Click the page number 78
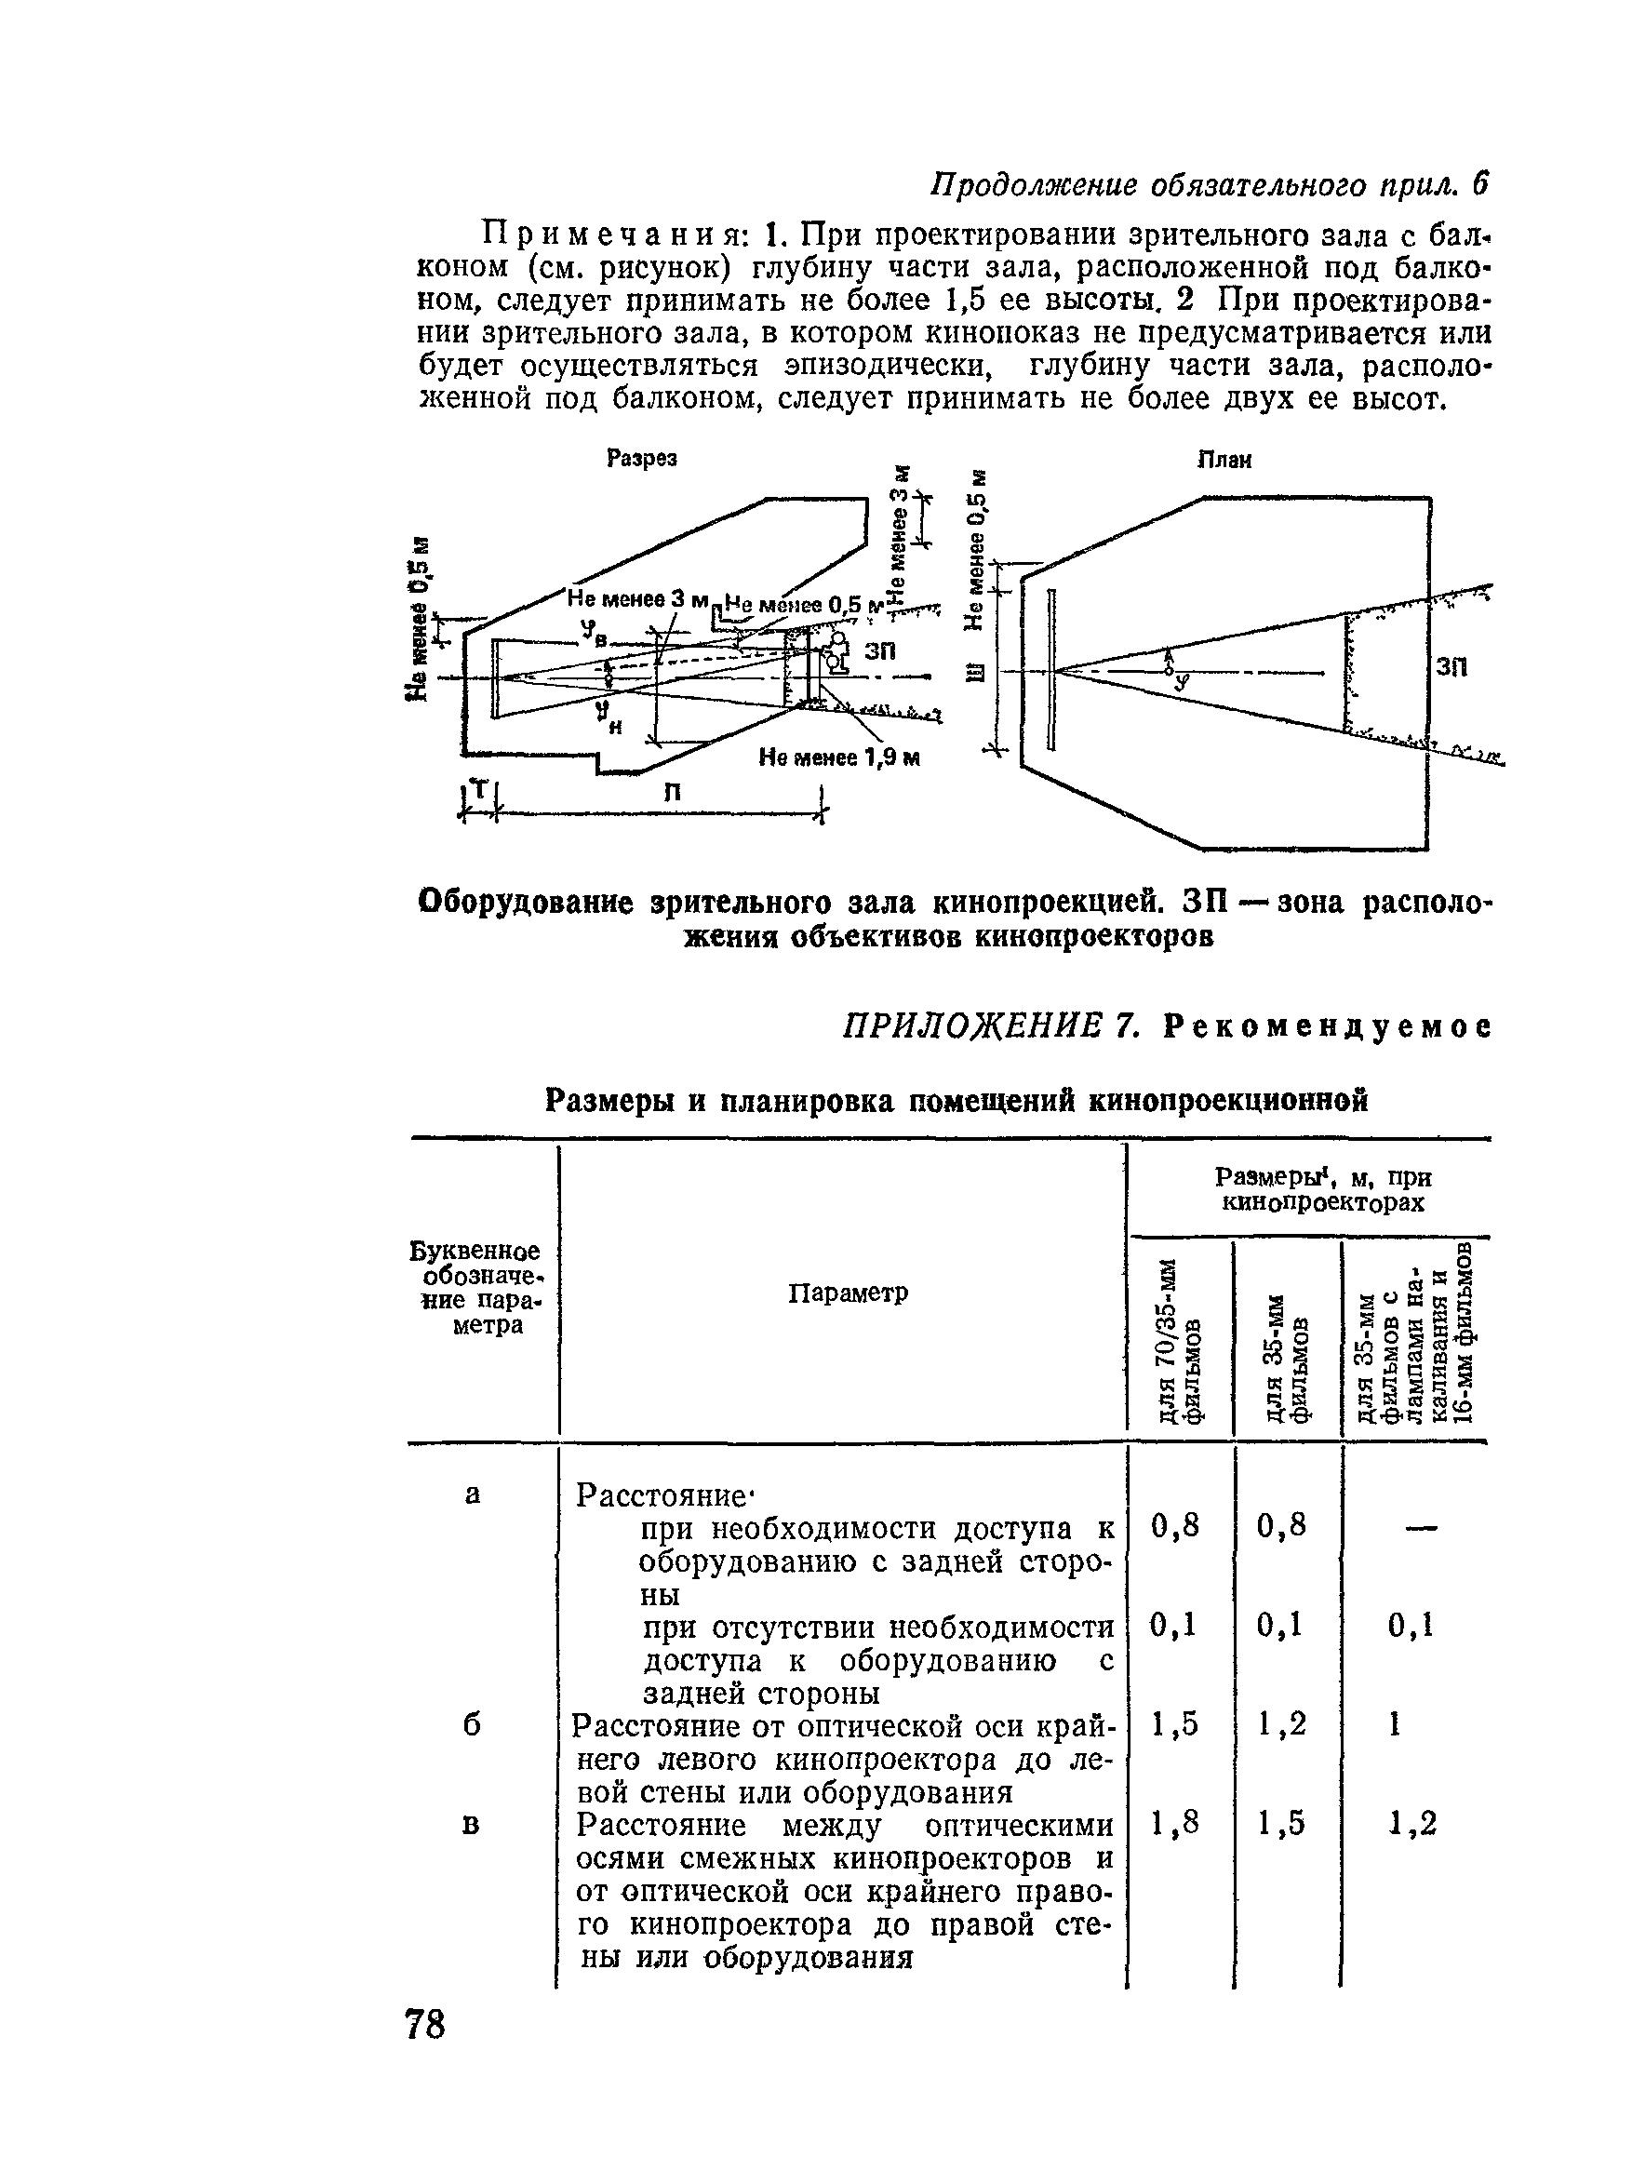[425, 2024]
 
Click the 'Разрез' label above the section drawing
[642, 458]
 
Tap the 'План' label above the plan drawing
[1224, 460]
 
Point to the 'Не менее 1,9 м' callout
[839, 757]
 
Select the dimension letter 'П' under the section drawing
[672, 793]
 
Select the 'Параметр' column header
[847, 1292]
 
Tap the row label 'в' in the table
[471, 1825]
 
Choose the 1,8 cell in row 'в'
[1175, 1823]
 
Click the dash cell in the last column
[1418, 1528]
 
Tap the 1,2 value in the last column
[1411, 1825]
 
